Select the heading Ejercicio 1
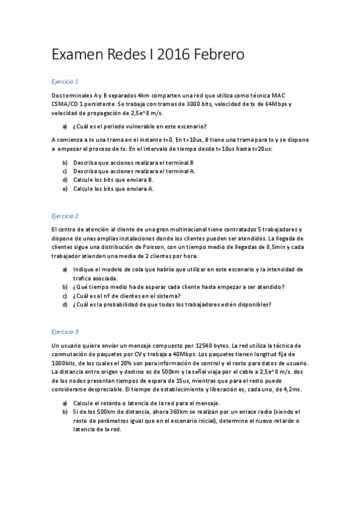point(65,81)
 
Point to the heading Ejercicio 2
point(65,215)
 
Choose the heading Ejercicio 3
point(65,331)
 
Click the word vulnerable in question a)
point(148,126)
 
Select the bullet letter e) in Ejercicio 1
point(65,188)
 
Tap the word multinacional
point(177,229)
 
